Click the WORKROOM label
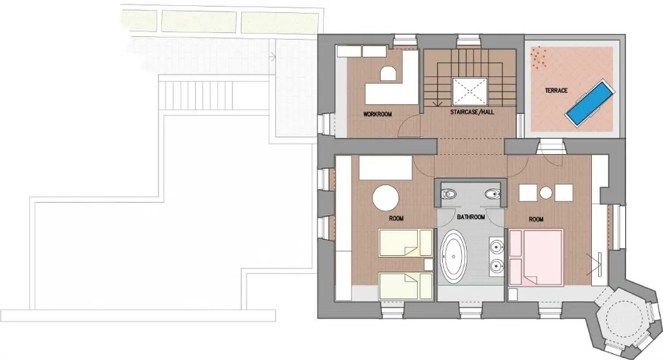point(377,114)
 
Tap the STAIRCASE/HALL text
point(472,112)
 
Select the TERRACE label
point(556,91)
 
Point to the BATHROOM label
point(471,217)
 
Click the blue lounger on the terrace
point(590,102)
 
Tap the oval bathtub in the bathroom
point(454,256)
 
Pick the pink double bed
point(536,257)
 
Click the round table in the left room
point(386,197)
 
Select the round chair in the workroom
point(388,74)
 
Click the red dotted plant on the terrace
point(538,58)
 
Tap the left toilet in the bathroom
point(448,194)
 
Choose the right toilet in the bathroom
point(493,194)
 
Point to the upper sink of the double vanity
point(497,245)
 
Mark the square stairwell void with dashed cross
point(469,91)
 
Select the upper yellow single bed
point(406,243)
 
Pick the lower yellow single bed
point(406,286)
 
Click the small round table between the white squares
point(546,193)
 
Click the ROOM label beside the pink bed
point(535,219)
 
